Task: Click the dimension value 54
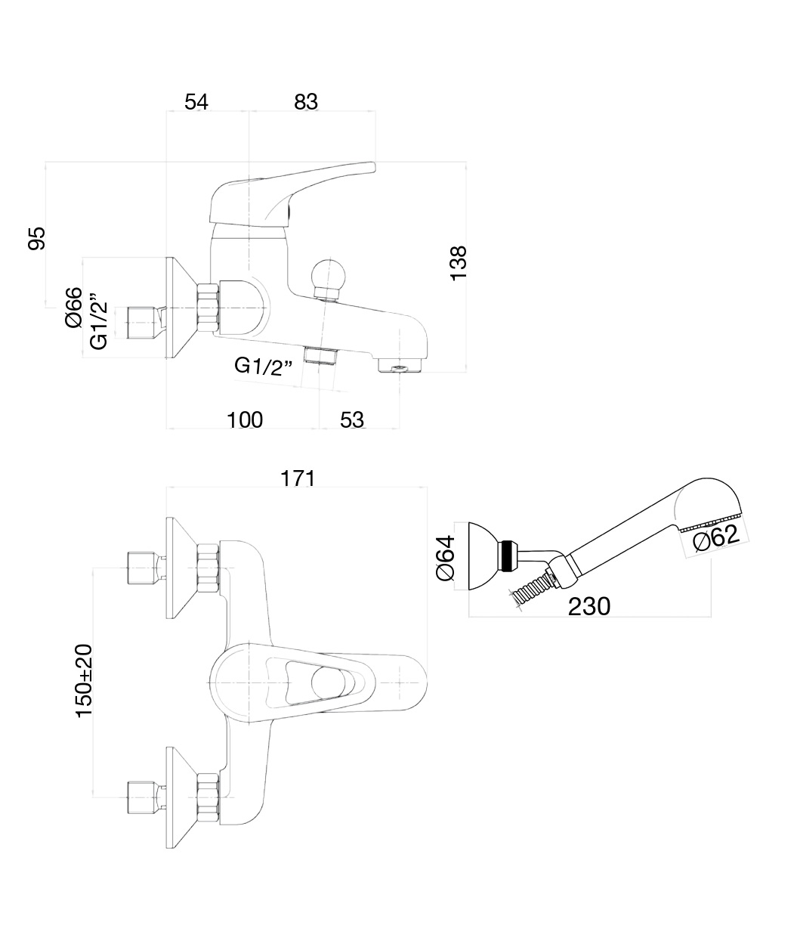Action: coord(196,101)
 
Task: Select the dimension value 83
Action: coord(306,101)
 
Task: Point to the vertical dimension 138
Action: coord(459,263)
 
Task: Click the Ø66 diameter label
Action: coord(73,308)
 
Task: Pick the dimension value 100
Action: coord(246,419)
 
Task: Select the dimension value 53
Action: coord(352,419)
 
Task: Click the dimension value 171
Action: coord(298,478)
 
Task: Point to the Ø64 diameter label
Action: coord(445,558)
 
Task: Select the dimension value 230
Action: coord(588,605)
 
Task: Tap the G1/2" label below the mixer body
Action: coord(264,366)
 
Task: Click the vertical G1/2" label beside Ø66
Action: coord(98,321)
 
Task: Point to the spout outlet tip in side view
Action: coord(397,367)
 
